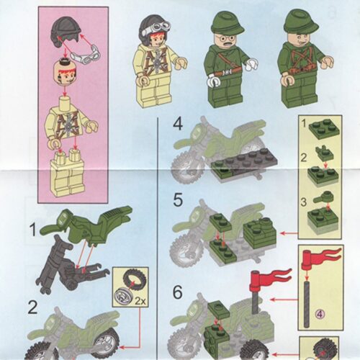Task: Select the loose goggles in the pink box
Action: (86, 53)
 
